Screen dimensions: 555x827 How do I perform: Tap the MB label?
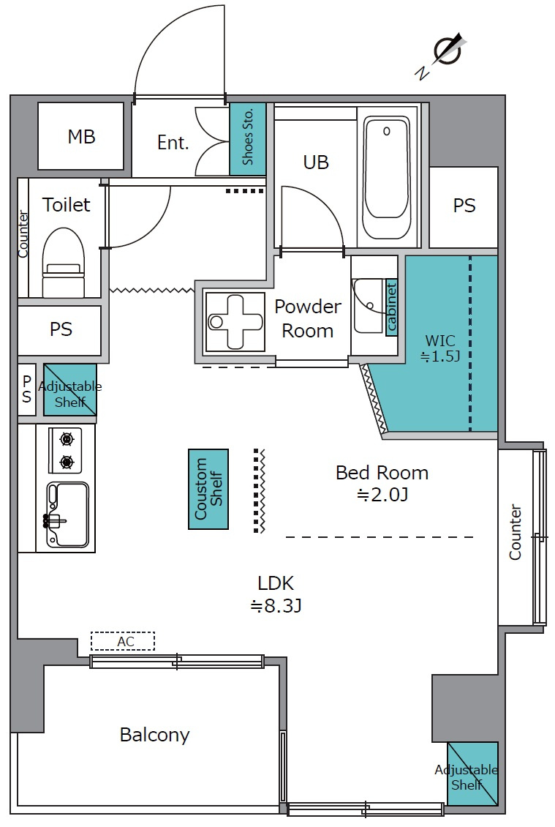[82, 137]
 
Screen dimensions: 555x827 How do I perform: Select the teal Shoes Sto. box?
[248, 139]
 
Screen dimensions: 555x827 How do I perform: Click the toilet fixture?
[63, 263]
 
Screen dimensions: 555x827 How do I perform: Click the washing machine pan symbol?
[235, 322]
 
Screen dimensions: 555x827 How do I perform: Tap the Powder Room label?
[308, 318]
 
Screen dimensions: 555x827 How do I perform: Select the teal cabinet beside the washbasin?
[391, 307]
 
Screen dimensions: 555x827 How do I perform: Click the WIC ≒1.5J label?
[440, 348]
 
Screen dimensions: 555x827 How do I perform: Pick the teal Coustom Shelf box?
[208, 489]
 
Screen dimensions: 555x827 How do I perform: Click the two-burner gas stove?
[66, 450]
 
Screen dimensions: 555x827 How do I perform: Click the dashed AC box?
[123, 641]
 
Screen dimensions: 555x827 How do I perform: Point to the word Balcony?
[154, 735]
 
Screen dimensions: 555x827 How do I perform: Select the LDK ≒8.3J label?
[276, 594]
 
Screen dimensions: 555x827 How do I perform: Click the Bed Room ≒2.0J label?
[382, 483]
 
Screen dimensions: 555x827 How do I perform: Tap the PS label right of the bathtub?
[464, 205]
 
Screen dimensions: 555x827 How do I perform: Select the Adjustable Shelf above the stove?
[70, 390]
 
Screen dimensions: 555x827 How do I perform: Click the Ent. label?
[173, 143]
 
